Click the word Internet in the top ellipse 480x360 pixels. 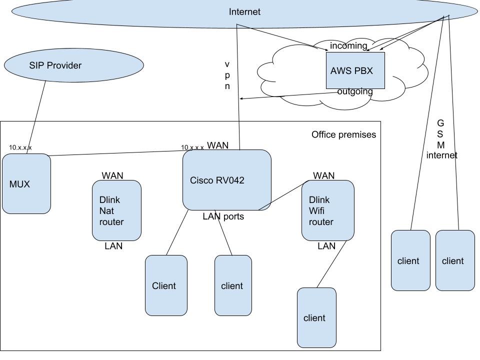tap(244, 12)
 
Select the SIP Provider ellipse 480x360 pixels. tap(73, 65)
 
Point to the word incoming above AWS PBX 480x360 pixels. tap(348, 46)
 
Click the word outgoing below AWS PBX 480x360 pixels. tap(354, 91)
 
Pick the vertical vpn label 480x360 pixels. tap(227, 75)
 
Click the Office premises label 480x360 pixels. tap(343, 134)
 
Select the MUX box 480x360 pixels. tap(26, 184)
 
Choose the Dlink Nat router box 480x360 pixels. tap(116, 210)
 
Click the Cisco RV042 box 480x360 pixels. tap(226, 180)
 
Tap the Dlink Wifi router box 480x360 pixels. tap(327, 210)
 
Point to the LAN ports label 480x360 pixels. tap(223, 216)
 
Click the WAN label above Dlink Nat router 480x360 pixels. tap(112, 175)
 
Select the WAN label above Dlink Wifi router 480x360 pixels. tap(323, 175)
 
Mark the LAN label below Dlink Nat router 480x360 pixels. tap(113, 246)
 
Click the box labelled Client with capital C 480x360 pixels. tap(166, 285)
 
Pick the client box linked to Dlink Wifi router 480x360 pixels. tap(316, 317)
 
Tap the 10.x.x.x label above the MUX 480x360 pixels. tap(20, 148)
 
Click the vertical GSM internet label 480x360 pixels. tap(441, 139)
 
